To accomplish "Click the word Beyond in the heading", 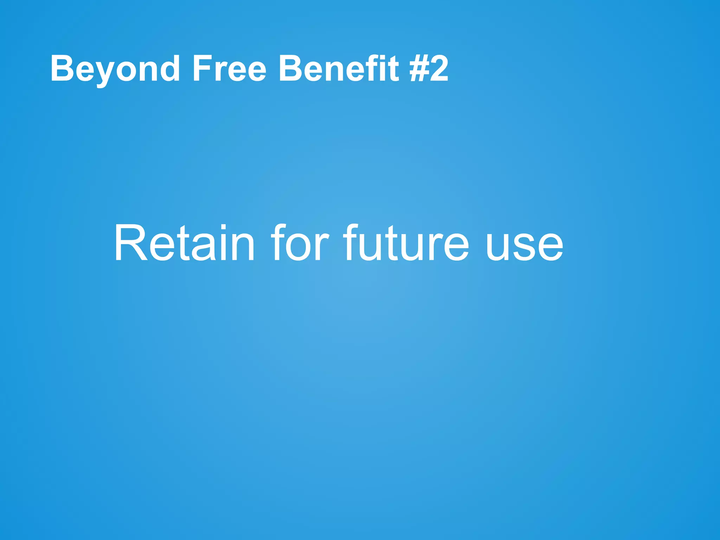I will [x=115, y=69].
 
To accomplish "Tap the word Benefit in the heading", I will [x=339, y=69].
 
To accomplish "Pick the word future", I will [x=406, y=243].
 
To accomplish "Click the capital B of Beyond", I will [x=62, y=69].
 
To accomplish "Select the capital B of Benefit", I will [x=289, y=69].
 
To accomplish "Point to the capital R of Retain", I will [x=130, y=243].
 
